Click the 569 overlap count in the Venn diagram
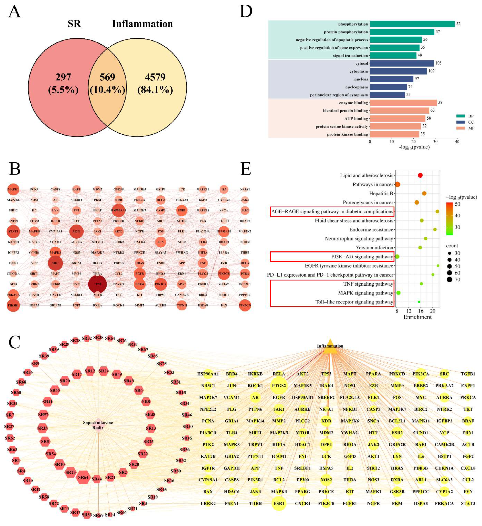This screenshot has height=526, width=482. (107, 77)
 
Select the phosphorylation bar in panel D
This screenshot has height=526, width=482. (412, 24)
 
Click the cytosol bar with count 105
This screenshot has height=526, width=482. (401, 63)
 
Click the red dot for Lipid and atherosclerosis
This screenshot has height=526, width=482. (420, 175)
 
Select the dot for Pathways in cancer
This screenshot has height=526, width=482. (397, 184)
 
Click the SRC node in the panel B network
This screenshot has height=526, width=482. (55, 263)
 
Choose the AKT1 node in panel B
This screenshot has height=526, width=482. (76, 231)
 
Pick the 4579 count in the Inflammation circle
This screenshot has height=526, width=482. (155, 77)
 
